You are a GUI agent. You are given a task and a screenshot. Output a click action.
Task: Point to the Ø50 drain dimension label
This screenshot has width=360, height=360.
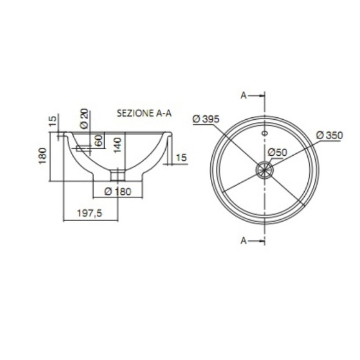tap(277, 152)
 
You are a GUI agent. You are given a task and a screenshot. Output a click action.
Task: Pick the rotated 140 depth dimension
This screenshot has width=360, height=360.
tap(117, 145)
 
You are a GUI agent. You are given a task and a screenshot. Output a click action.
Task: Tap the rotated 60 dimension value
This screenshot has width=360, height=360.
tap(98, 140)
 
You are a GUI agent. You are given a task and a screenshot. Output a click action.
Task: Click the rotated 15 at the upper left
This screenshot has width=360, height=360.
tap(52, 120)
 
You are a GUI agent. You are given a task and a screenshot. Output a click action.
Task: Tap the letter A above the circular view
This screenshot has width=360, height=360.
tap(244, 95)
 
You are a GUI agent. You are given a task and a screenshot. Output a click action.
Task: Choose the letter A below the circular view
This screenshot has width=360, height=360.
tap(244, 240)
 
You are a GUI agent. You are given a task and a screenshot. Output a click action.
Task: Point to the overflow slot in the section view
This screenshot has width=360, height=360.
tap(81, 148)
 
